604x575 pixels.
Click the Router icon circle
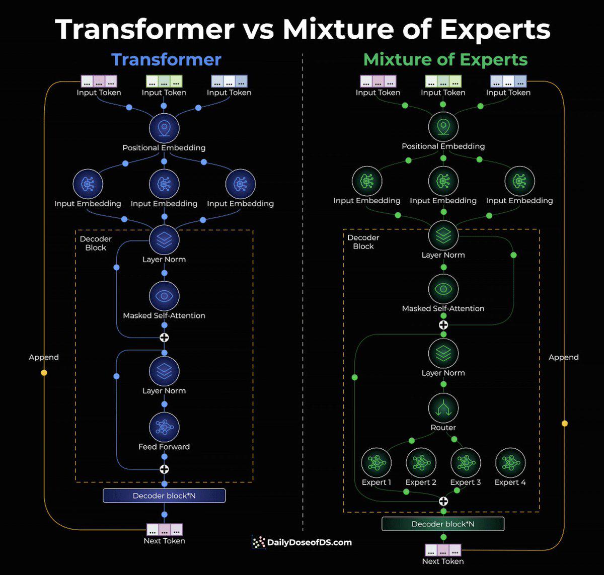443,408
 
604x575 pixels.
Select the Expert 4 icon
510,463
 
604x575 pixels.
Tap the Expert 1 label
376,482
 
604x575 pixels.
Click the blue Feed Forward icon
164,427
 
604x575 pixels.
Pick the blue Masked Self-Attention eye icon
164,296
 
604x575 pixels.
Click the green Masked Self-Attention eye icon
443,289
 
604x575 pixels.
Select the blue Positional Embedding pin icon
164,128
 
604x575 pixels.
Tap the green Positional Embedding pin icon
443,127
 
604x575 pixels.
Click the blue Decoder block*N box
164,496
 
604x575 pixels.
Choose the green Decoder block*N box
443,524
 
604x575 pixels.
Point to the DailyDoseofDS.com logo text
310,542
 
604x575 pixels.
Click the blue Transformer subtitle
166,59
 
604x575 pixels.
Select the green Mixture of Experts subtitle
445,60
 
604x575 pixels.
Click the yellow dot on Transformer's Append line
44,373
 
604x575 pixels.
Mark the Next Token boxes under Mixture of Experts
443,550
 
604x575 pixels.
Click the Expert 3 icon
466,463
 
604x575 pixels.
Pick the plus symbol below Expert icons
443,501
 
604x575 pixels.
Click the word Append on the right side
563,357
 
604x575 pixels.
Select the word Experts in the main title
495,30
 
